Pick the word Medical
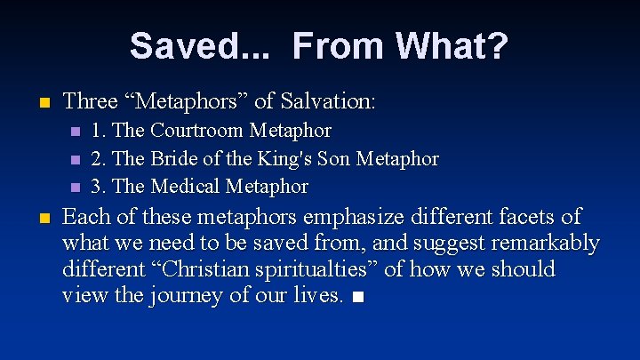coord(186,187)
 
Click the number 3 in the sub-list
coord(98,187)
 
